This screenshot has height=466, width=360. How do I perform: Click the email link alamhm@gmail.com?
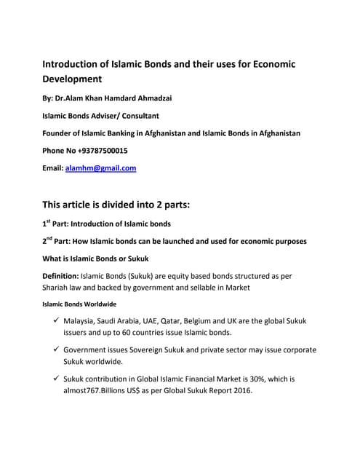pos(101,168)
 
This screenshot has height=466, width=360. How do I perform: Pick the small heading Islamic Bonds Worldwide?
pos(79,304)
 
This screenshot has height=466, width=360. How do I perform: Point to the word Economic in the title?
pos(269,63)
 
